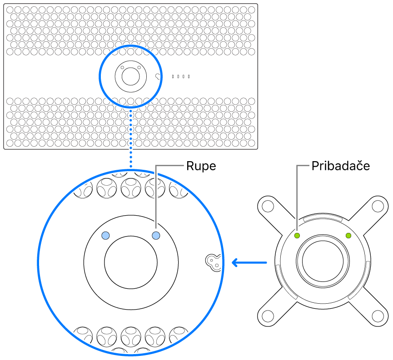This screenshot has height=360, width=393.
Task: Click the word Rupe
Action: [201, 166]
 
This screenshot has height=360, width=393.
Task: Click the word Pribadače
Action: [340, 166]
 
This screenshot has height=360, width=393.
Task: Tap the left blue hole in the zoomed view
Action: [105, 235]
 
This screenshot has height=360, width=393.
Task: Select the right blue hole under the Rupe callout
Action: [156, 235]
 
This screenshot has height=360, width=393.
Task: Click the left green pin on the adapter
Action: [297, 236]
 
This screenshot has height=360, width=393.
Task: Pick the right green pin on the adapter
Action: [348, 235]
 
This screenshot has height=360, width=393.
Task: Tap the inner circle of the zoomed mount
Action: [131, 262]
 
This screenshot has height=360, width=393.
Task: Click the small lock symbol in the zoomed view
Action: [213, 261]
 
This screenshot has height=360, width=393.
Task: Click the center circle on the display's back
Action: [130, 76]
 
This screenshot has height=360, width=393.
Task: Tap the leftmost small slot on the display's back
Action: [173, 76]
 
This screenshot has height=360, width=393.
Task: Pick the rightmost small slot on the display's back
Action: [189, 76]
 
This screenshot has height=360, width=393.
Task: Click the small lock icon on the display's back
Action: [158, 76]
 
